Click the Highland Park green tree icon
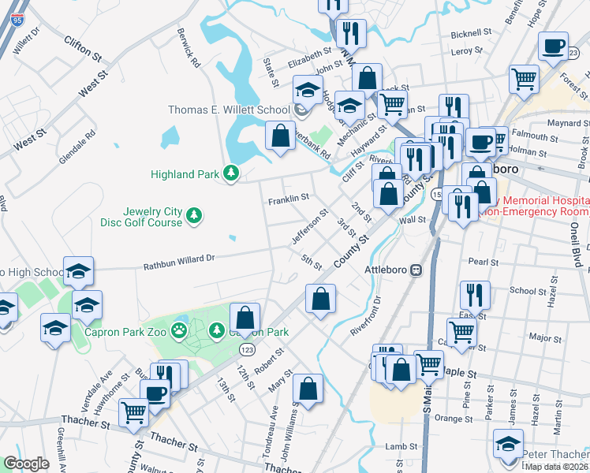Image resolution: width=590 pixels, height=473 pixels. [230, 173]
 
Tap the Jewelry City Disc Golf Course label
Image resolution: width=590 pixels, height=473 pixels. [152, 217]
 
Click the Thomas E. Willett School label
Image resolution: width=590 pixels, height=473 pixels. [229, 110]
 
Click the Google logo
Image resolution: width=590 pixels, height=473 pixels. [26, 463]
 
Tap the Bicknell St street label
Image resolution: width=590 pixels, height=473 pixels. [471, 35]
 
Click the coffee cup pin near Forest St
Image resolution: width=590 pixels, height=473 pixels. [554, 46]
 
